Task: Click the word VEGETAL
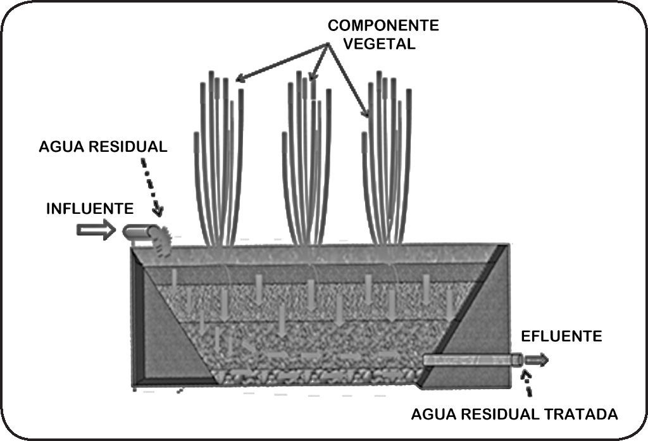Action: point(383,44)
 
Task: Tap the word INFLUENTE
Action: point(90,209)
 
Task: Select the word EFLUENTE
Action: point(561,337)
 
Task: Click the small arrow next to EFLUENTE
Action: point(537,360)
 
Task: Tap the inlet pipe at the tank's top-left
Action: point(137,233)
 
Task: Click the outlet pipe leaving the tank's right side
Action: point(471,360)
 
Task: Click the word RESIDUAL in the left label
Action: point(125,147)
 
